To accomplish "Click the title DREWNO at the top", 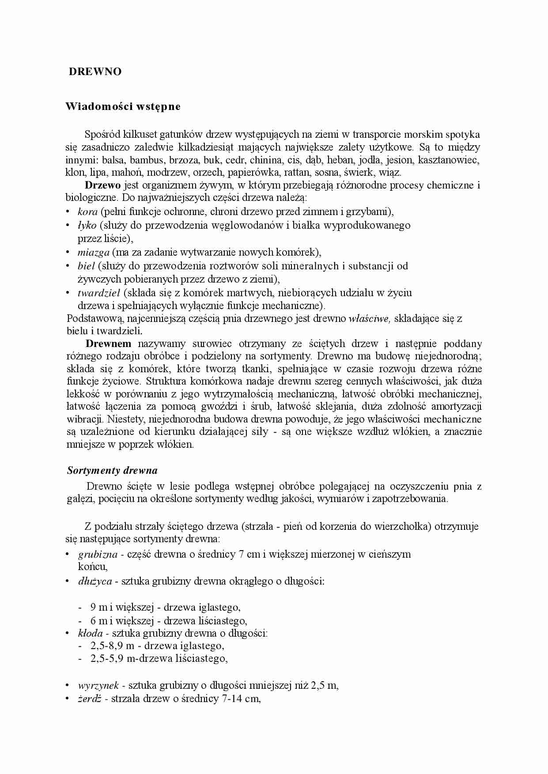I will tap(95, 72).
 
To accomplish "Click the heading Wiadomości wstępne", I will tap(123, 106).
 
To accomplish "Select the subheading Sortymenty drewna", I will tap(112, 470).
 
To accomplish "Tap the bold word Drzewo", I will tap(102, 185).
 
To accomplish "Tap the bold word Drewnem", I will tap(108, 344).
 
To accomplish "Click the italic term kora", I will tap(87, 211).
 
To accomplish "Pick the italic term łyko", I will tap(87, 225).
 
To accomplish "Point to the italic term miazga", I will tap(93, 253).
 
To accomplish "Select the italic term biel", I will tap(86, 266).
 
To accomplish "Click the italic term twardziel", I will tap(99, 293).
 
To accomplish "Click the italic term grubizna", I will tap(98, 554).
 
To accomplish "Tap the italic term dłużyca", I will tap(95, 581).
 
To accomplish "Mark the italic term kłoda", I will tap(90, 633).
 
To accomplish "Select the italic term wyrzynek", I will tap(98, 686).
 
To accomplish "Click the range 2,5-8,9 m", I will tap(112, 646).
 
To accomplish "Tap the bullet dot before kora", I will tap(68, 212).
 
